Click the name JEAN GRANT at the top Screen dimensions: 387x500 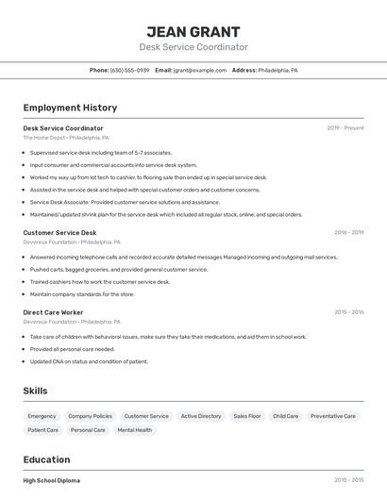[x=193, y=32]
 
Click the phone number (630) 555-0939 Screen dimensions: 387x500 [x=129, y=70]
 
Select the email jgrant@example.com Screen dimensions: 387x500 [x=201, y=70]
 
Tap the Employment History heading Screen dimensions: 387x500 [x=70, y=108]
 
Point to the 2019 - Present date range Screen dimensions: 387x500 [x=345, y=128]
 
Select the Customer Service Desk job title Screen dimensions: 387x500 [x=59, y=232]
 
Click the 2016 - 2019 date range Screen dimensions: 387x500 [x=348, y=232]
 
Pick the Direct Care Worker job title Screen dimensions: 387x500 [x=53, y=312]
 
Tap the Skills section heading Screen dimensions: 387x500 [x=35, y=391]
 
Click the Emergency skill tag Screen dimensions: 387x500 [x=42, y=416]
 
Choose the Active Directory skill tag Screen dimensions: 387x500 [x=201, y=416]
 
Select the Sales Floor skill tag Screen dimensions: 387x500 [x=247, y=416]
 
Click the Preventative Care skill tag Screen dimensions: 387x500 [x=333, y=416]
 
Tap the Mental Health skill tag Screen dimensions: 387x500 [x=134, y=430]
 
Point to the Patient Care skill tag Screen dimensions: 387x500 [x=42, y=430]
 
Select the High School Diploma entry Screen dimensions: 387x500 [x=52, y=480]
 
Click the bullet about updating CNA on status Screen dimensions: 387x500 [x=89, y=361]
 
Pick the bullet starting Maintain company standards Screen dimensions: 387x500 [x=82, y=294]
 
